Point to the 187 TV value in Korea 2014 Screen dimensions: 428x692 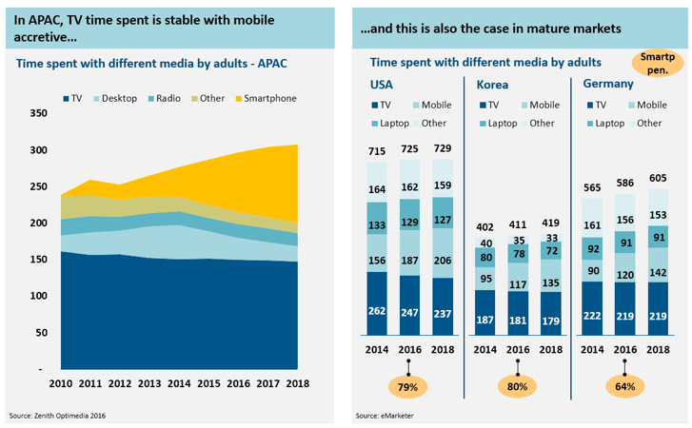tap(485, 320)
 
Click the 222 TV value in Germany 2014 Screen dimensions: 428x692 tap(592, 316)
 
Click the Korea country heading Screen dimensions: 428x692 tap(492, 84)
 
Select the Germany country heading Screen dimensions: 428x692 tap(609, 84)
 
